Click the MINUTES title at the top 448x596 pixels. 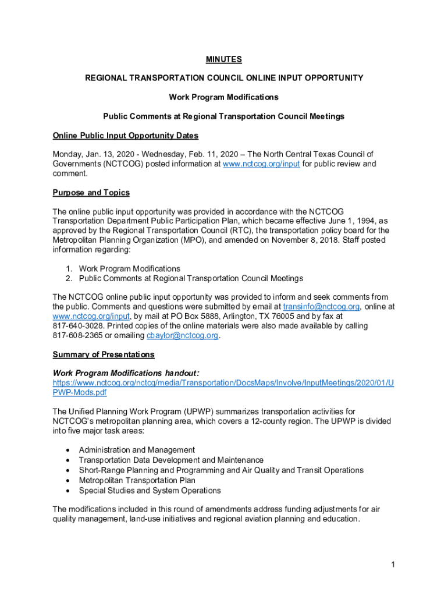(x=224, y=59)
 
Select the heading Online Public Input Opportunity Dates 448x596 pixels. (x=126, y=136)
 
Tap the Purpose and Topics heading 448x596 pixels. (x=91, y=193)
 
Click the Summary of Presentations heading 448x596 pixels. (x=104, y=354)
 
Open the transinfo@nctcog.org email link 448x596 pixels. (x=321, y=306)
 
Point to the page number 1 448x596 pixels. (x=393, y=565)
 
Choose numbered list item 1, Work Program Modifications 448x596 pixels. (x=129, y=268)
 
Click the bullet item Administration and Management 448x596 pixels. (x=137, y=450)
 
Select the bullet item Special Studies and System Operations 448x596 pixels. (x=150, y=490)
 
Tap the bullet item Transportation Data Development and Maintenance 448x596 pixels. (x=171, y=460)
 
